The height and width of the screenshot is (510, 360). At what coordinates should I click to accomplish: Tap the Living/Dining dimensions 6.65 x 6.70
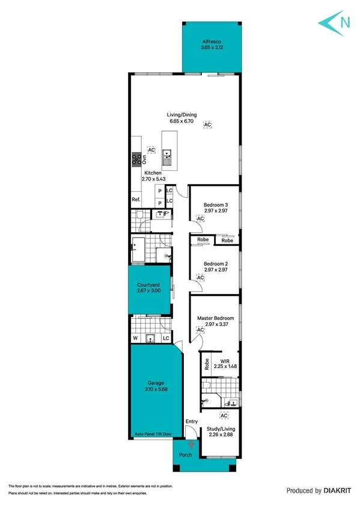(183, 121)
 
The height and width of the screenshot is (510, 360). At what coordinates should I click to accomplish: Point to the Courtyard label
(148, 285)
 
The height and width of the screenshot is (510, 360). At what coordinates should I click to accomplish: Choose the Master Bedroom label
(216, 318)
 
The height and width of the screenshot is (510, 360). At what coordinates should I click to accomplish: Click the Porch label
(186, 455)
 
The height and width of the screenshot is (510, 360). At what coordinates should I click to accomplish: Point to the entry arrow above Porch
(191, 444)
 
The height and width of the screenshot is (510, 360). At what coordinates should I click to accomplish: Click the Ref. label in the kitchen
(136, 200)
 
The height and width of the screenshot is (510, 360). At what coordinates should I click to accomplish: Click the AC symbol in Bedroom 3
(201, 220)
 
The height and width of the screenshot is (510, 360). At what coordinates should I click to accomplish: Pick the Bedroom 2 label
(216, 264)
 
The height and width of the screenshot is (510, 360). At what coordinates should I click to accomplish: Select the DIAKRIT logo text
(334, 491)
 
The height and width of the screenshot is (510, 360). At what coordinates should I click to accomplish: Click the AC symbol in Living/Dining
(207, 124)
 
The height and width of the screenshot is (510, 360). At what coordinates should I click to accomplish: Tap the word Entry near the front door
(192, 422)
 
